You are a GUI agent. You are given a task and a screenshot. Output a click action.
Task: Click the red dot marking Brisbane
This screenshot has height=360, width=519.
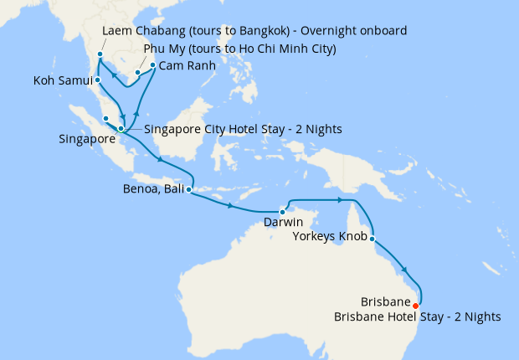click(416, 305)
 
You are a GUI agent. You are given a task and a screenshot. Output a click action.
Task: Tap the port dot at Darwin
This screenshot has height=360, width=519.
click(283, 211)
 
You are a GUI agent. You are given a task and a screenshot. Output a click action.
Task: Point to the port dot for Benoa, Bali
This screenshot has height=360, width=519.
click(188, 190)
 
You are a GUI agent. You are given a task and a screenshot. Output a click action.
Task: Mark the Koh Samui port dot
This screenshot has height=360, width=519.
click(98, 80)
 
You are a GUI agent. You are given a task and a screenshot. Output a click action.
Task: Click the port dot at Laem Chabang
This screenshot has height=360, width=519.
click(100, 54)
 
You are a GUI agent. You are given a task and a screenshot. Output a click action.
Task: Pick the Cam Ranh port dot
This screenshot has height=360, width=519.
click(152, 64)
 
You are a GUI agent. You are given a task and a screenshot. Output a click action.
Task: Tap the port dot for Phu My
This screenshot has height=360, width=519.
click(138, 73)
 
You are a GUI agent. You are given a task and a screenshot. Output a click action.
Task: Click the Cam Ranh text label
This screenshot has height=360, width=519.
click(188, 64)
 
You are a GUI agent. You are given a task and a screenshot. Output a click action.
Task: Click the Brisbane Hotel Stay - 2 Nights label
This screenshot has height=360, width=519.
click(417, 316)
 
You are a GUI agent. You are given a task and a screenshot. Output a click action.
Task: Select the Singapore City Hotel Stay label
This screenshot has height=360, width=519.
click(243, 129)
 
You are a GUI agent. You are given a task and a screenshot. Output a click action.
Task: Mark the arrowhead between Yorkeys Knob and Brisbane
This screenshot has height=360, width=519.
click(406, 270)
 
